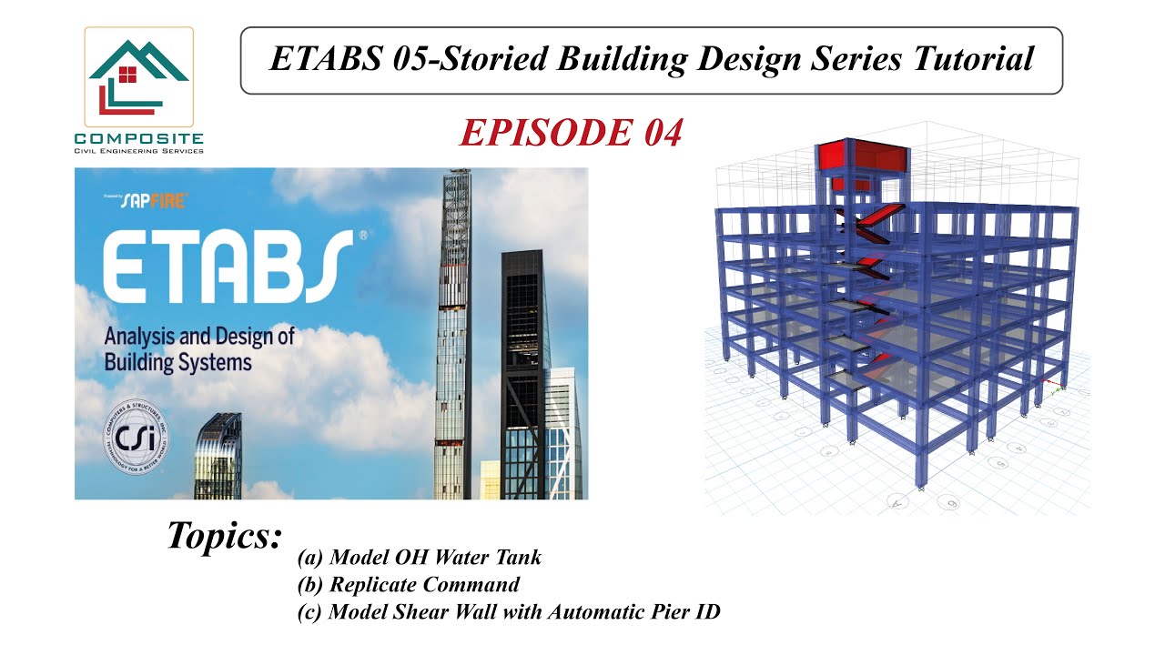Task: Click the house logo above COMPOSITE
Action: click(138, 77)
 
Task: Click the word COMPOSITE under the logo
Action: click(138, 138)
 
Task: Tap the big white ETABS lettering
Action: click(228, 267)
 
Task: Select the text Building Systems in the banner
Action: click(177, 362)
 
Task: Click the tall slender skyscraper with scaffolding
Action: click(454, 327)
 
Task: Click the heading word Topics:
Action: click(224, 535)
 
